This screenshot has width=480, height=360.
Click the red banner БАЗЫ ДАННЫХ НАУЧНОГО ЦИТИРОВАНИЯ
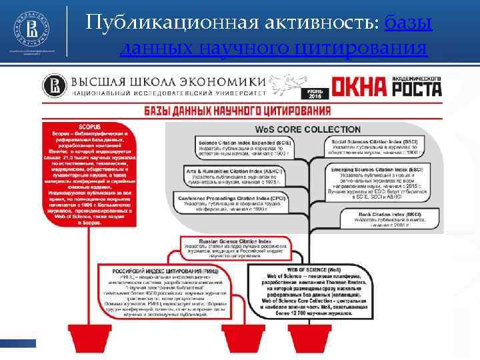(235, 110)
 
